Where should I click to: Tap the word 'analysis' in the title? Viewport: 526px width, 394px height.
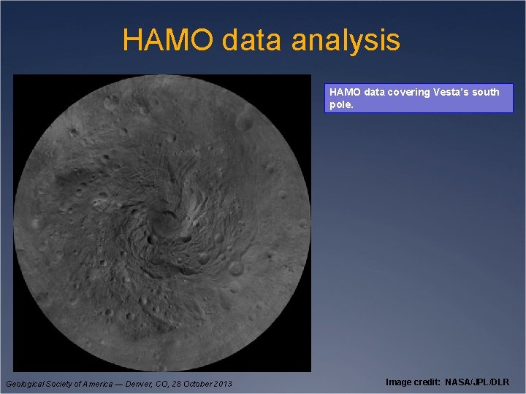pos(346,40)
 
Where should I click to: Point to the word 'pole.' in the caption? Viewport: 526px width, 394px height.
pos(341,104)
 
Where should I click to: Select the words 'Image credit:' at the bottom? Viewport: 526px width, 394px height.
pos(413,382)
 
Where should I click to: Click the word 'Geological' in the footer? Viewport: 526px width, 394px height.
pos(26,384)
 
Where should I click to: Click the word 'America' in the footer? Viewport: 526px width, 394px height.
pos(99,384)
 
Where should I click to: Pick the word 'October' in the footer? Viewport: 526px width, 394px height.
pos(193,384)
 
